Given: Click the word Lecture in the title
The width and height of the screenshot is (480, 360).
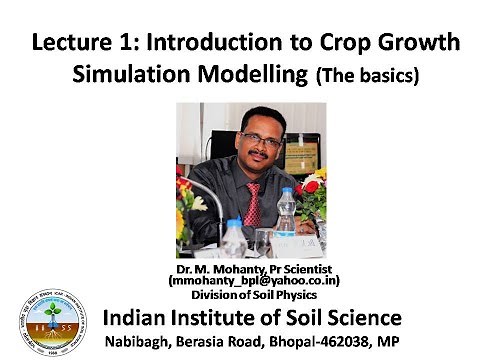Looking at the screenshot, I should [65, 45].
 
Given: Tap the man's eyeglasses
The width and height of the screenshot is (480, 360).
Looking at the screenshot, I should [259, 141].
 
